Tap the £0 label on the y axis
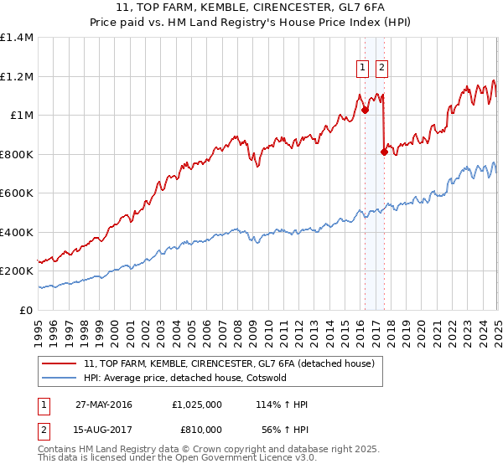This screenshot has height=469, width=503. pos(27,310)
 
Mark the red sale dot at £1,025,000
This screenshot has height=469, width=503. pos(365,109)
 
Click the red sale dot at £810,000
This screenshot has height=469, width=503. pos(384,152)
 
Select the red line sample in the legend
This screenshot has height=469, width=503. pos(60,363)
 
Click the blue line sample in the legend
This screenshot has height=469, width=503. pos(60,378)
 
